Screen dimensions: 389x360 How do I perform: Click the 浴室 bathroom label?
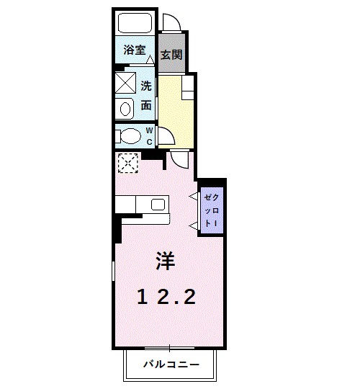point(134,50)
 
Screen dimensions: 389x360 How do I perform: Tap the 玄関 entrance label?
point(171,54)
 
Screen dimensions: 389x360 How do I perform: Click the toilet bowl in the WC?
point(130,135)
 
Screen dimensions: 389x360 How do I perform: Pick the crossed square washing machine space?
point(126,84)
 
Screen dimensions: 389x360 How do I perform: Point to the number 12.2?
point(166,296)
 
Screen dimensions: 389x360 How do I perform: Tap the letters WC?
point(150,135)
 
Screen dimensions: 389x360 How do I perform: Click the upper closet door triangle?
point(193,195)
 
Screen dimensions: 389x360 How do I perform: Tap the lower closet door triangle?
point(193,226)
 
